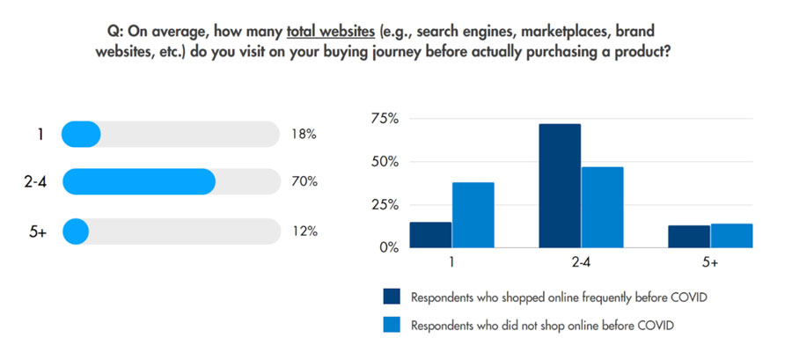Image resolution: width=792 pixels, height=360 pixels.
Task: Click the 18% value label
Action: (303, 135)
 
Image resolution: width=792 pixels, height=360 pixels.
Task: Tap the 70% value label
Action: (304, 182)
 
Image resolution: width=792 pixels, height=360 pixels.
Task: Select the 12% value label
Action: (303, 231)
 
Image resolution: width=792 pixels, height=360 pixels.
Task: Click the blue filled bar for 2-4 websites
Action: (138, 182)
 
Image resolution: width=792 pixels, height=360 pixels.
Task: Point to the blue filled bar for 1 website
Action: (81, 135)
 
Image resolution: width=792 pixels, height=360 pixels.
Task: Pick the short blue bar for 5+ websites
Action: (76, 231)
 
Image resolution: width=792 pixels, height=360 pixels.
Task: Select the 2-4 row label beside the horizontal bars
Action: (35, 182)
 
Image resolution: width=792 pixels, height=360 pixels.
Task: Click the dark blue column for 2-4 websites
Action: (560, 186)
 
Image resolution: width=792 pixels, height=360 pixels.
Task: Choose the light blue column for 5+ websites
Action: (731, 235)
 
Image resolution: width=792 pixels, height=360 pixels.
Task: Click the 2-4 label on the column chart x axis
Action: (581, 262)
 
